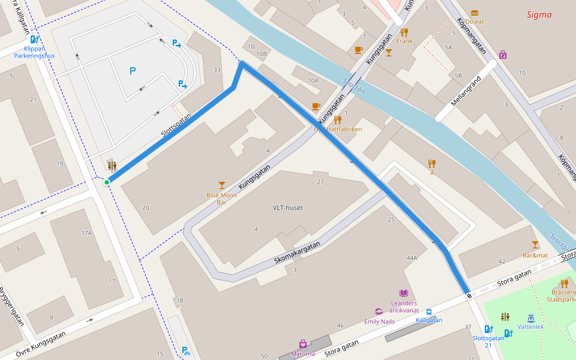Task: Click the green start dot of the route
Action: (x=107, y=182)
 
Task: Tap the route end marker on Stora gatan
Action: (x=468, y=295)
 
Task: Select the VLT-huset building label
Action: (x=287, y=208)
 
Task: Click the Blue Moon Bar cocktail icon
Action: (x=222, y=185)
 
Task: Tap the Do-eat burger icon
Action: (x=475, y=13)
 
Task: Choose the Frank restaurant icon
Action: (x=404, y=32)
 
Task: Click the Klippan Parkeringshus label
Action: (x=34, y=52)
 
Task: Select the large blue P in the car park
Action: (x=133, y=71)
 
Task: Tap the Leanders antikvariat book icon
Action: (x=404, y=293)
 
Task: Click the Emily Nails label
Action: (x=379, y=322)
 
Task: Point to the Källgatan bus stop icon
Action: (x=429, y=312)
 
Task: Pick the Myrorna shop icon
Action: (x=303, y=344)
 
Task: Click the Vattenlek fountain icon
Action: (x=530, y=318)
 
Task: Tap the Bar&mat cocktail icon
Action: (x=535, y=245)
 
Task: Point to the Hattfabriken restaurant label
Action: (x=344, y=129)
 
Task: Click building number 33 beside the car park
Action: (x=217, y=70)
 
